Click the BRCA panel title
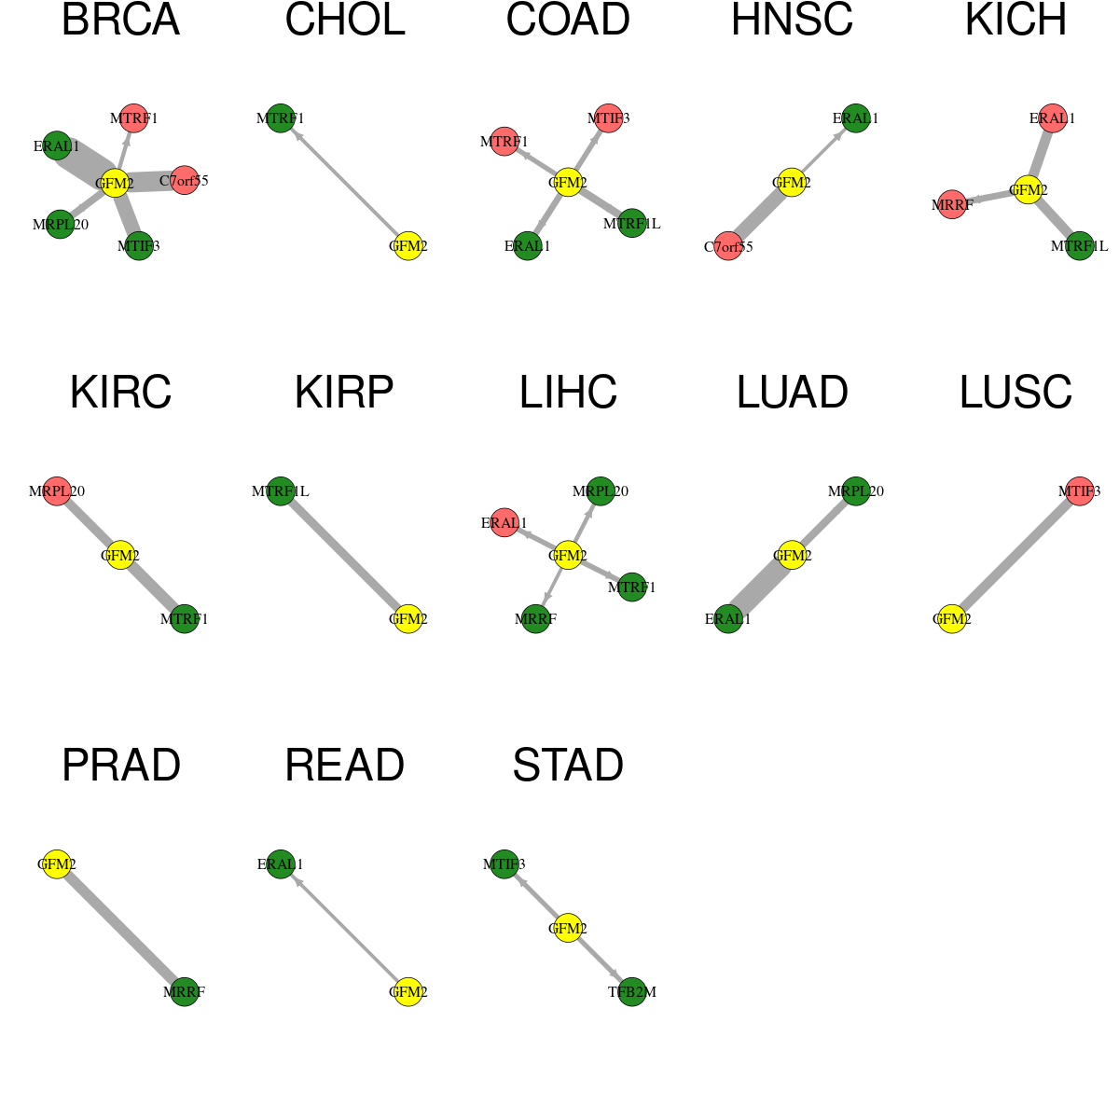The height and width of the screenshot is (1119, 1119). pyautogui.click(x=121, y=21)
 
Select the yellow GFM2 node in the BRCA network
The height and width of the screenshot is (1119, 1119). pyautogui.click(x=115, y=184)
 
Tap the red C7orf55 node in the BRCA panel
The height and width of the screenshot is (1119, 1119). pyautogui.click(x=184, y=180)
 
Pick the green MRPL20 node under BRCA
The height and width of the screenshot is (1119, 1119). pyautogui.click(x=60, y=224)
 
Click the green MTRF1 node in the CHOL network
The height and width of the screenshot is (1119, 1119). pyautogui.click(x=281, y=117)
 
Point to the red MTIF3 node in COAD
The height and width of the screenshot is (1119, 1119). pyautogui.click(x=608, y=117)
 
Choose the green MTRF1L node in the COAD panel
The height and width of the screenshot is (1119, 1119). pyautogui.click(x=632, y=223)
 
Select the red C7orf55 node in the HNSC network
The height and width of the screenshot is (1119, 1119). pyautogui.click(x=728, y=246)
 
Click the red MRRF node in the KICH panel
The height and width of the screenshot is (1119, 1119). pyautogui.click(x=952, y=204)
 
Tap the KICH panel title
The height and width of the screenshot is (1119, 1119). pyautogui.click(x=1015, y=21)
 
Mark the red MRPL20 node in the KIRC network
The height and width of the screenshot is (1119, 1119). pyautogui.click(x=57, y=490)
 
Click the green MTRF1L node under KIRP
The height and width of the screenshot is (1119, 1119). pyautogui.click(x=281, y=490)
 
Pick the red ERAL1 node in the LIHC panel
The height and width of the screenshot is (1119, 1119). pyautogui.click(x=504, y=522)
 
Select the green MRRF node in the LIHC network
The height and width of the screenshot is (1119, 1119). pyautogui.click(x=535, y=618)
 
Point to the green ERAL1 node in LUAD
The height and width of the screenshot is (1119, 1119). pyautogui.click(x=728, y=618)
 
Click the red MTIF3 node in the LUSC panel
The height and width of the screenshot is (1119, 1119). pyautogui.click(x=1080, y=490)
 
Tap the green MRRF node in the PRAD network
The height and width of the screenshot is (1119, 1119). pyautogui.click(x=184, y=991)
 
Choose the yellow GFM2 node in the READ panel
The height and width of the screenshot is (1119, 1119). pyautogui.click(x=408, y=991)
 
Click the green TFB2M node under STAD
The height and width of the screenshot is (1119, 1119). pyautogui.click(x=632, y=991)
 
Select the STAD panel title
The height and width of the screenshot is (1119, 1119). pyautogui.click(x=568, y=766)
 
